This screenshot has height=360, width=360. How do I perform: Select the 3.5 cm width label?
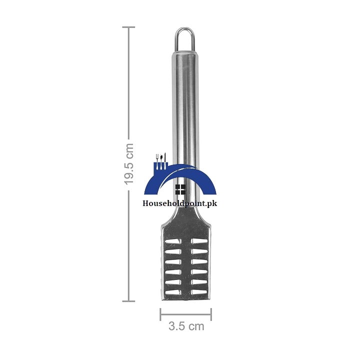tap(186, 327)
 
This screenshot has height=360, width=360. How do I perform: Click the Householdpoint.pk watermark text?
tap(180, 203)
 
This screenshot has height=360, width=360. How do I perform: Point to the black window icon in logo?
tap(180, 189)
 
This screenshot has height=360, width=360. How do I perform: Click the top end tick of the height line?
tap(128, 27)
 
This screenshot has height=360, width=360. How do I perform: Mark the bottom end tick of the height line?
tap(128, 300)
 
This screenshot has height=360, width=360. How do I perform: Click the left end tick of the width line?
tap(160, 314)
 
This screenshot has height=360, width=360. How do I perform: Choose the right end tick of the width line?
tap(211, 314)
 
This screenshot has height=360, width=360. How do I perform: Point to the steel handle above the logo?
tap(185, 100)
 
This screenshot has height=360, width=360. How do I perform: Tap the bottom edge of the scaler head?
tap(185, 299)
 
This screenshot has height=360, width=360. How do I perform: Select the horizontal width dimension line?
tap(186, 314)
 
